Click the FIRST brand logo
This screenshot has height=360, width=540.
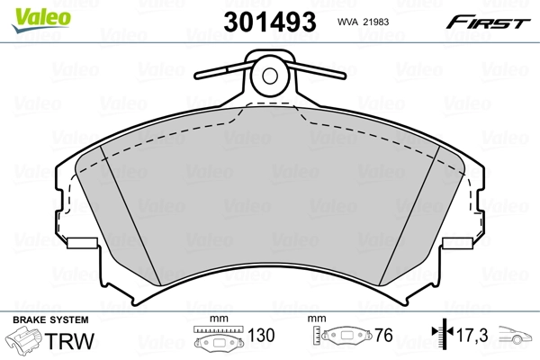(x=490, y=21)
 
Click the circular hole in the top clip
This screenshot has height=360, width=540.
(x=270, y=75)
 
